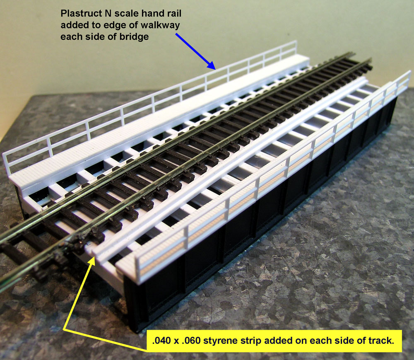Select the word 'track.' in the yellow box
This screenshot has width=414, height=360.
(x=380, y=341)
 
